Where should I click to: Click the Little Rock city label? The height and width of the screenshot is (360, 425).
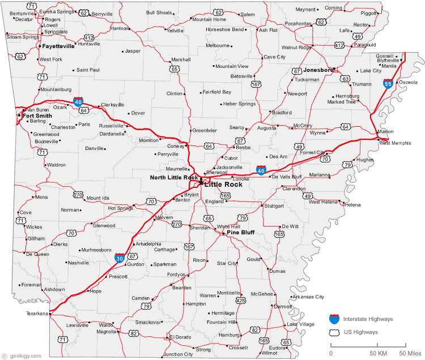click(x=223, y=185)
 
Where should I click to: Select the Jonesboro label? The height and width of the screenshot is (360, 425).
click(x=318, y=70)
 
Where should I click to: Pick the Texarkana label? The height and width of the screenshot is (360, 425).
click(x=37, y=313)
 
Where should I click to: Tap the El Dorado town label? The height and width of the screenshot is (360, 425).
click(x=181, y=337)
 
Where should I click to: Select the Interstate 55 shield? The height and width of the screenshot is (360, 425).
click(x=388, y=84)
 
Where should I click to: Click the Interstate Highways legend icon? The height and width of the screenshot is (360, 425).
click(x=334, y=319)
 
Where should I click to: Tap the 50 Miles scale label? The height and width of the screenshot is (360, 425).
click(x=410, y=354)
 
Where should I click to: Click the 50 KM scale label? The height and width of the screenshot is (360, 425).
click(x=378, y=354)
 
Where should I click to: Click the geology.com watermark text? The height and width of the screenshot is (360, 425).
click(x=21, y=355)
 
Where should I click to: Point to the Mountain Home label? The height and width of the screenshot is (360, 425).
click(x=209, y=19)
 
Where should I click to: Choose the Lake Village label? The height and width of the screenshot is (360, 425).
click(x=300, y=324)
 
